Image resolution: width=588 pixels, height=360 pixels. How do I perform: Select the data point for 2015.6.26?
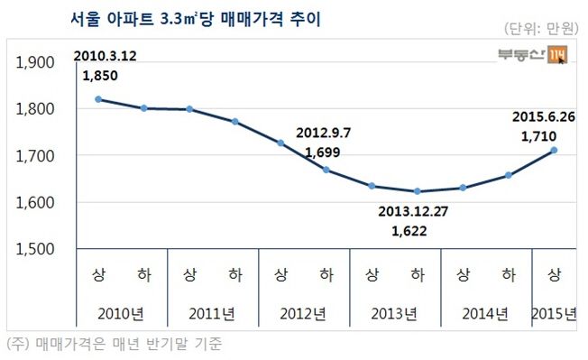coord(554,150)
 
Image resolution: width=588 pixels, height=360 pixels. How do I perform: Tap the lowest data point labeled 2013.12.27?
coord(417,191)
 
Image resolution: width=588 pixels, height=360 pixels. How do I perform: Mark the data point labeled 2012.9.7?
coord(326,170)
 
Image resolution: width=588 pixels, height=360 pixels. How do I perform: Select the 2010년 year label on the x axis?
coord(120,314)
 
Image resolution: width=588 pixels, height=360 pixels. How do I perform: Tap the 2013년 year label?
coord(394,314)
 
